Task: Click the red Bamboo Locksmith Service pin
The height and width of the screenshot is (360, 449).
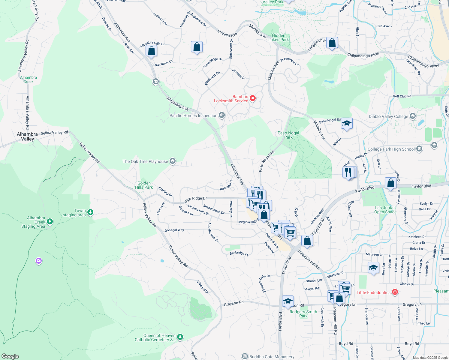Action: tap(253, 98)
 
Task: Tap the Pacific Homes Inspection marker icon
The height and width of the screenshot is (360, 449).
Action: tap(222, 115)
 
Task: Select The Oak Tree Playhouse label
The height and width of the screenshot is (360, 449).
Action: tap(145, 161)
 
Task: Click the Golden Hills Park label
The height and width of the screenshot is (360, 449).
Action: tap(144, 185)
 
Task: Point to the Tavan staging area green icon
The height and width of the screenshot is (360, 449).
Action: tap(90, 212)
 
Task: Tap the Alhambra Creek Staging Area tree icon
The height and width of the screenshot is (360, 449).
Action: tap(50, 222)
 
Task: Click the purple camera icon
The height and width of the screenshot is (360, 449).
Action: tap(38, 261)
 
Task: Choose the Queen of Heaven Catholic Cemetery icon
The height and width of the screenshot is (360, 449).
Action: tap(180, 337)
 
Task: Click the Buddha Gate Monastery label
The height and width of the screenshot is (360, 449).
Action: tap(272, 357)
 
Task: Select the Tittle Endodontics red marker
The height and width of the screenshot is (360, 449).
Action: tap(395, 292)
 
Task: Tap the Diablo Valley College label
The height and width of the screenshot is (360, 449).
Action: tap(388, 116)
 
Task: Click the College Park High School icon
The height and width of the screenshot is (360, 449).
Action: tap(419, 149)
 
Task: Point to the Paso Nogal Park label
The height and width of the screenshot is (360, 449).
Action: tap(288, 135)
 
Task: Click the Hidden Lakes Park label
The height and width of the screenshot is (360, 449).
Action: tap(279, 37)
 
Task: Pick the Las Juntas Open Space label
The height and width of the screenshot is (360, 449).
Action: tap(385, 210)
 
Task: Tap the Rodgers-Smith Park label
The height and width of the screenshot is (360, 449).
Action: tap(303, 314)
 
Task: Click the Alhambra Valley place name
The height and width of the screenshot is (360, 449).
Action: tap(27, 136)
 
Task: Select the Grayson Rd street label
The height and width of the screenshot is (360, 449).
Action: tap(234, 303)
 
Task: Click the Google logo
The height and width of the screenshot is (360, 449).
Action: tap(10, 356)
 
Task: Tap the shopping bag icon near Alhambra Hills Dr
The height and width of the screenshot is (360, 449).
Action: tap(152, 50)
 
